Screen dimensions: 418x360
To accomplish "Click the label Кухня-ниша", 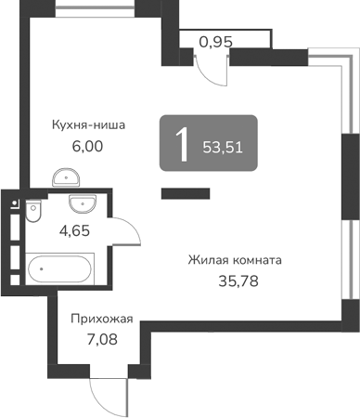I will pos(88,124).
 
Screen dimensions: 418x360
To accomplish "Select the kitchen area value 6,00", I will pos(88,147).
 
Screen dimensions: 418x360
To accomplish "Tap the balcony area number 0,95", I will pos(216,41).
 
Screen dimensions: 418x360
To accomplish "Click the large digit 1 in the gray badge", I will pos(183,144).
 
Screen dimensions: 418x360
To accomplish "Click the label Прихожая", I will pos(102,319).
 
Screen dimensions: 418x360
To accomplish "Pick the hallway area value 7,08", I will pos(102,341).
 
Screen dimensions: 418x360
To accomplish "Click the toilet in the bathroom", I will pos(32,213).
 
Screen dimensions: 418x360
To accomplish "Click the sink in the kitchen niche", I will pos(63,176).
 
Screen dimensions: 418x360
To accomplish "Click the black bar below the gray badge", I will pos(186,193).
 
